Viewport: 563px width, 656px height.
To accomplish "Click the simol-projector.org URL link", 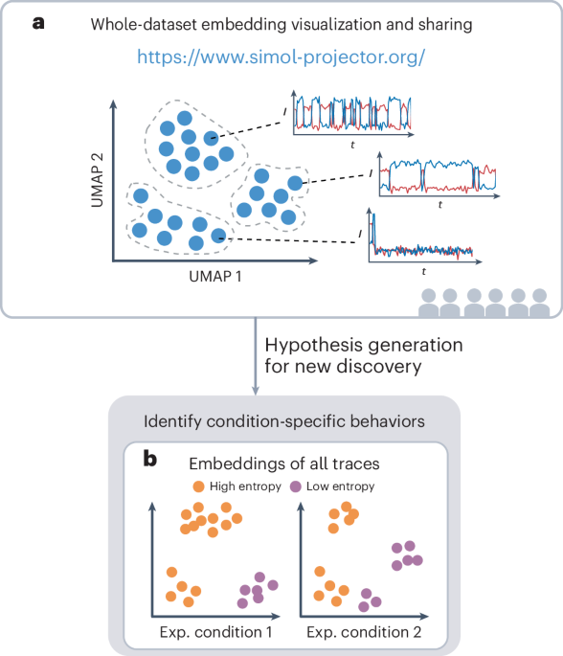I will pos(281,57).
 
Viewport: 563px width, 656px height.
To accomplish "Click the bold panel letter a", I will pos(37,22).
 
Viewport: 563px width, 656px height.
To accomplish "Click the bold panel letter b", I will pos(149,460).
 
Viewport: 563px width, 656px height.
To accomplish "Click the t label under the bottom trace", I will pos(422,271).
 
